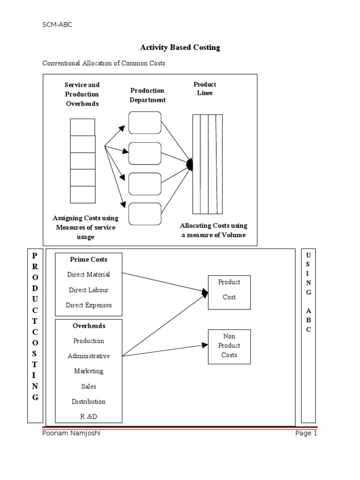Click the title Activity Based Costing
coord(180,47)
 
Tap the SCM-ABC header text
coord(58,25)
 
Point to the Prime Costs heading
coord(89,259)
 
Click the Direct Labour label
coord(89,290)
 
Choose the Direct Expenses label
coord(89,305)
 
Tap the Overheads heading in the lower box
coord(89,326)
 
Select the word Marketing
coord(89,371)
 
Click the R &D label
coord(89,416)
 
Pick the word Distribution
coord(89,402)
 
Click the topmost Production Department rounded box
coord(145,122)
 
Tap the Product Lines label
coord(205,89)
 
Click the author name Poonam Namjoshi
coord(71,434)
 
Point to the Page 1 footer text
coord(306,434)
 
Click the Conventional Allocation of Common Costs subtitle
coord(104,63)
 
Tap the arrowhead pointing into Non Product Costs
coord(205,345)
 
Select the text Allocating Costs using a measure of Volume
coord(214,230)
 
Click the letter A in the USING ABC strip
coord(308,310)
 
